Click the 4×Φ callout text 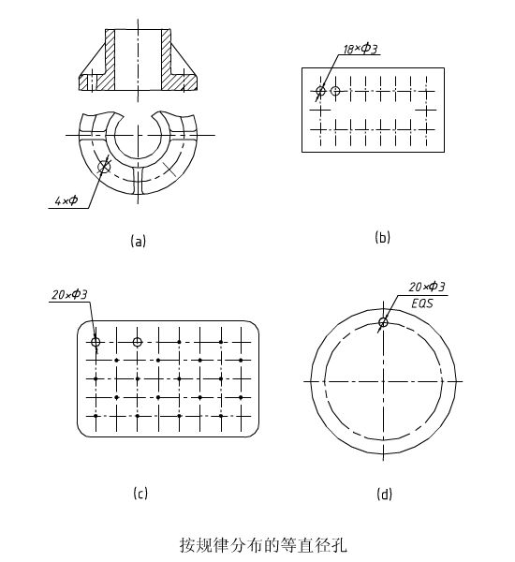point(66,200)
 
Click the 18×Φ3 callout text point(360,49)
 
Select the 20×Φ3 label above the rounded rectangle point(69,295)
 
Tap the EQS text point(422,303)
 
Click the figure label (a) point(139,241)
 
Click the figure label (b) point(382,237)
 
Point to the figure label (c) point(140,494)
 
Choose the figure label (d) point(384,495)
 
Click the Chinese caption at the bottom point(263,545)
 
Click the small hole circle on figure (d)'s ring point(384,322)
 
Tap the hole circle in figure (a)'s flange point(105,166)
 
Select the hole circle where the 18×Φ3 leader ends point(320,91)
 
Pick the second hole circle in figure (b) point(335,91)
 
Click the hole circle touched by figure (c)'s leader point(96,342)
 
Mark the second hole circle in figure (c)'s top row point(138,342)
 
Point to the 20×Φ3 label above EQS point(427,287)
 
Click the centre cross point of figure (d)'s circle point(384,381)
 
